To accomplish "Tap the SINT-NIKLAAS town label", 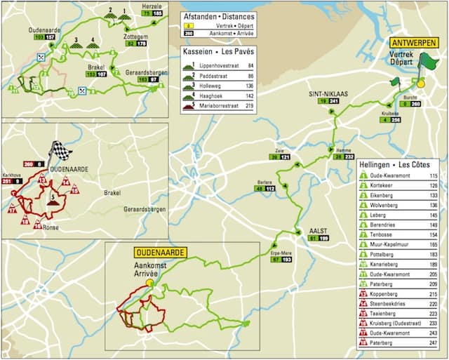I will [326, 93].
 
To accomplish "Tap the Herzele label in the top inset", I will [151, 5].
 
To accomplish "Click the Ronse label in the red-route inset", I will [51, 227].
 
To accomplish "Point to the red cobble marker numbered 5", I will [51, 199].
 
